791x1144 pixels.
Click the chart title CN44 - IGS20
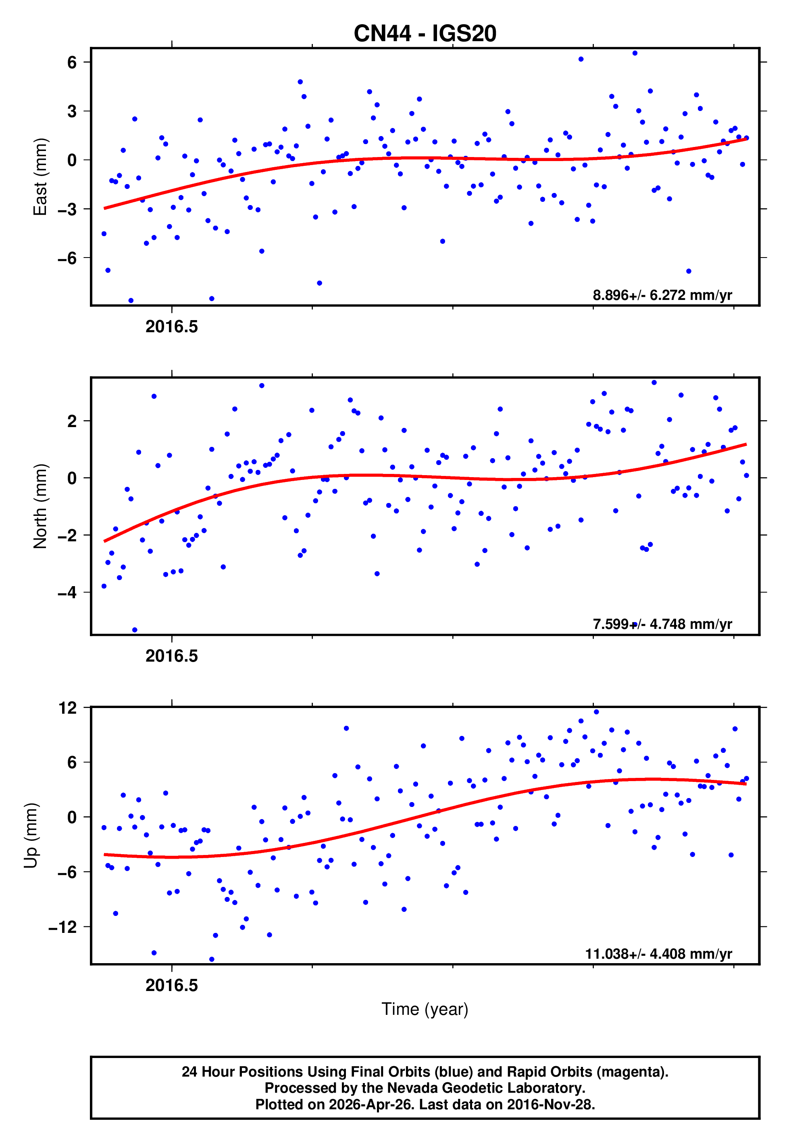425,34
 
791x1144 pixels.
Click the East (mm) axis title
40,177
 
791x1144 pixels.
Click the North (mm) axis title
40,506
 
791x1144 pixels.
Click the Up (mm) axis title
31,836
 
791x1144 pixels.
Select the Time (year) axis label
425,1009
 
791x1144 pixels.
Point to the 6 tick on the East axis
72,63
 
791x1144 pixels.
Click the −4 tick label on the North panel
67,592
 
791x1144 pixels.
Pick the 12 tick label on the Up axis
67,708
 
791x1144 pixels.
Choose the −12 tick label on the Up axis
63,927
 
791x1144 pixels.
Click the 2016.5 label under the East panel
171,327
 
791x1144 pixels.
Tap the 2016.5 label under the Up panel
171,985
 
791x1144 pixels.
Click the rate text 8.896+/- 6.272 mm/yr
662,295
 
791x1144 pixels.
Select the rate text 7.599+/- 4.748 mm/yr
662,624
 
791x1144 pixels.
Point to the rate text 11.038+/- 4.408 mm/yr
658,953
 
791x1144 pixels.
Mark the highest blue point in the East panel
635,53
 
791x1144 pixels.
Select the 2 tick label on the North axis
72,421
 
